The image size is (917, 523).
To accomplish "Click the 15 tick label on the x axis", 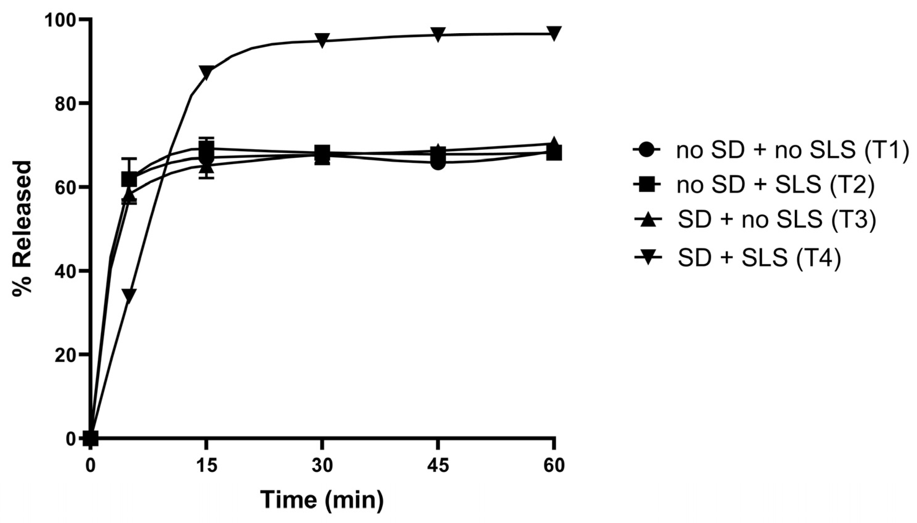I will point(206,466).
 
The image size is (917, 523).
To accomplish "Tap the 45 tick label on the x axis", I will point(438,466).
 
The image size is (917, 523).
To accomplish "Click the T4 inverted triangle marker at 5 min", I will point(129,295).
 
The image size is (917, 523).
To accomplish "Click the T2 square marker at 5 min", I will point(129,179).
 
